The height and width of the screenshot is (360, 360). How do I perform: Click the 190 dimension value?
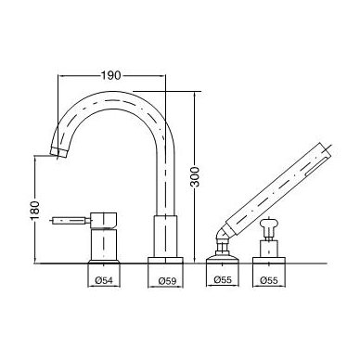tap(111, 75)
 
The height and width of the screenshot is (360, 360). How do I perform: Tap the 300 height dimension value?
tap(195, 176)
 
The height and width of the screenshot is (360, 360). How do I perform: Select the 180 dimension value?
tap(35, 211)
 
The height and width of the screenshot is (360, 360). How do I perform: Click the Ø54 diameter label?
tap(104, 280)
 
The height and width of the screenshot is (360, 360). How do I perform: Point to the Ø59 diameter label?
tap(167, 281)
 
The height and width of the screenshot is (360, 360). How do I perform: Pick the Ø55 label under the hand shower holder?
tap(223, 280)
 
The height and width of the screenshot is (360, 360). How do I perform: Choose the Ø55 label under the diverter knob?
tap(269, 280)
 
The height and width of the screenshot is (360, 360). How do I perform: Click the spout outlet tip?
tap(58, 151)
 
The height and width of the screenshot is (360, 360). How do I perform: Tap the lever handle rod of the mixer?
tap(71, 221)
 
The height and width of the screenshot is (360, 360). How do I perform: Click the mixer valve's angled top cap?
tap(104, 221)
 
